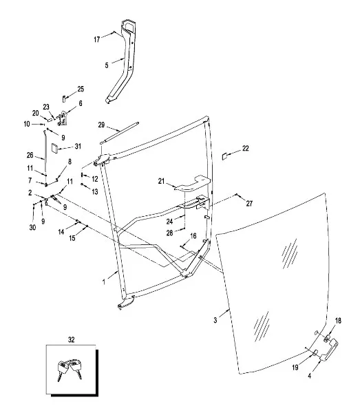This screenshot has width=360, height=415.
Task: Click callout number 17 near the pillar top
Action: pyautogui.click(x=97, y=39)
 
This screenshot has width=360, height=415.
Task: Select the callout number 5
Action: pyautogui.click(x=107, y=65)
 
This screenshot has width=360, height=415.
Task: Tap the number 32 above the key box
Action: pyautogui.click(x=71, y=339)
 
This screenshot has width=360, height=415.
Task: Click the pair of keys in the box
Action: pyautogui.click(x=70, y=369)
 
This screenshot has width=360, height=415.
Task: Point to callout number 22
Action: pyautogui.click(x=246, y=148)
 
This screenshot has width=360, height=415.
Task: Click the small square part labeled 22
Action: pyautogui.click(x=225, y=156)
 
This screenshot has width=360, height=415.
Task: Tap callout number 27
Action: pyautogui.click(x=249, y=203)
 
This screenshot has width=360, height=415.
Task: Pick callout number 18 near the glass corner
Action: pyautogui.click(x=338, y=321)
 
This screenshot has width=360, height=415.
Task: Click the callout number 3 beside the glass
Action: pyautogui.click(x=215, y=320)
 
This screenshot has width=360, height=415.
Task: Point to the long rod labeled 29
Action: pyautogui.click(x=119, y=133)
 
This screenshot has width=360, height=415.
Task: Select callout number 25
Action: pyautogui.click(x=81, y=89)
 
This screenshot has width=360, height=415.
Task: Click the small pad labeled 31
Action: pyautogui.click(x=54, y=148)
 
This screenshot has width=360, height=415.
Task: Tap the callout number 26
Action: pyautogui.click(x=30, y=155)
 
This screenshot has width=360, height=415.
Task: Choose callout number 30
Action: pyautogui.click(x=32, y=227)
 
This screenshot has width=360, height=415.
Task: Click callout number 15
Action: pyautogui.click(x=72, y=238)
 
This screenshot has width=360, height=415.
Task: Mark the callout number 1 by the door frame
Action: pyautogui.click(x=104, y=282)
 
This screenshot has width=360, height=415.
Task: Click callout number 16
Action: pyautogui.click(x=193, y=236)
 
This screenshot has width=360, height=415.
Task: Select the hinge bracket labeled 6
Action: pyautogui.click(x=62, y=118)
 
